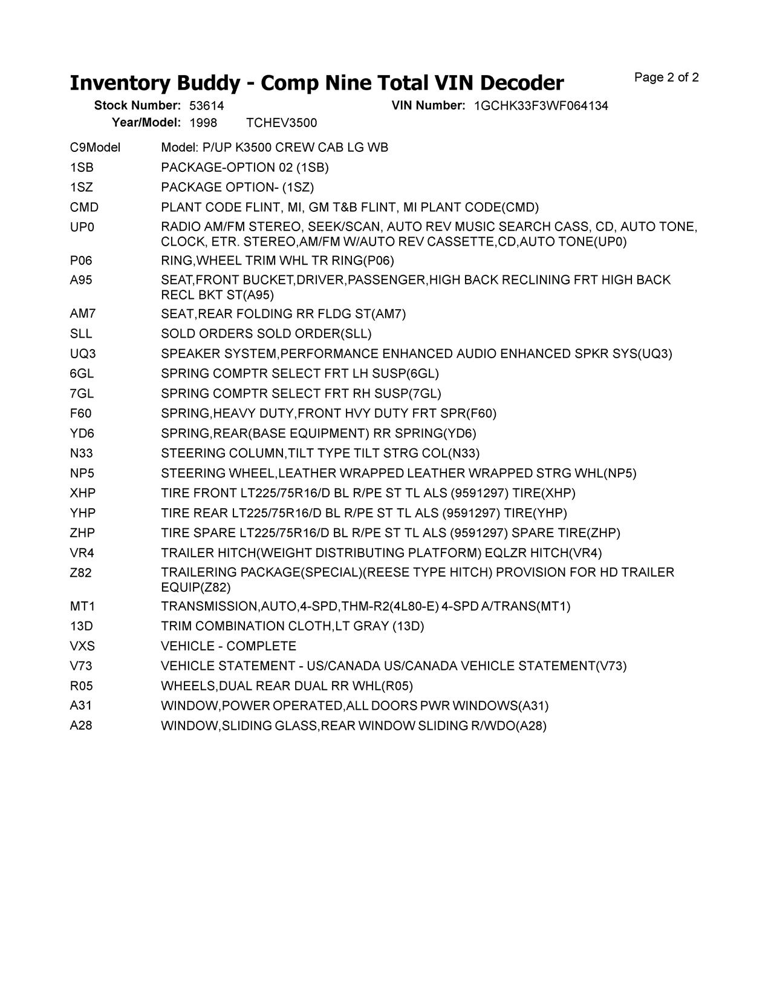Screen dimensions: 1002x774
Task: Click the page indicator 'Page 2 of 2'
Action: coord(666,77)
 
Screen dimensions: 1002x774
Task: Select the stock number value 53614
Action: coord(207,106)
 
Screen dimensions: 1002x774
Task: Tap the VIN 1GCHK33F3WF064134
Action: coord(541,106)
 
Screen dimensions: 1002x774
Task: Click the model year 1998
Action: coord(203,123)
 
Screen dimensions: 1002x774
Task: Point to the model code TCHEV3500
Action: coord(282,123)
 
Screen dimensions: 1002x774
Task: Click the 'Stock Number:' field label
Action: coord(137,106)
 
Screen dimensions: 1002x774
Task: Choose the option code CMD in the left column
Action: coord(84,208)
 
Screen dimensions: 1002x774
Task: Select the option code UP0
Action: coord(82,227)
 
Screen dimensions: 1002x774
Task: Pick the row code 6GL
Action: coord(82,373)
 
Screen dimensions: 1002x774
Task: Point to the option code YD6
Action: coord(82,433)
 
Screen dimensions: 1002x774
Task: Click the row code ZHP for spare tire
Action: coord(82,533)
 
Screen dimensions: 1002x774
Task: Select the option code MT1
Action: coord(82,606)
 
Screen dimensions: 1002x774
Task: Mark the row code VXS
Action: coord(82,646)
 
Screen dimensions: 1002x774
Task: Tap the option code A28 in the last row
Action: coord(81,725)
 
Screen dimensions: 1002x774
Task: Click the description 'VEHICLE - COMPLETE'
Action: coord(229,646)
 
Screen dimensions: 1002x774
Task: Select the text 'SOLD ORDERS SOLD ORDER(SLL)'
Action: coord(266,334)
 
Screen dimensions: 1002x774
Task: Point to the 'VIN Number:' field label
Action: coord(428,106)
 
